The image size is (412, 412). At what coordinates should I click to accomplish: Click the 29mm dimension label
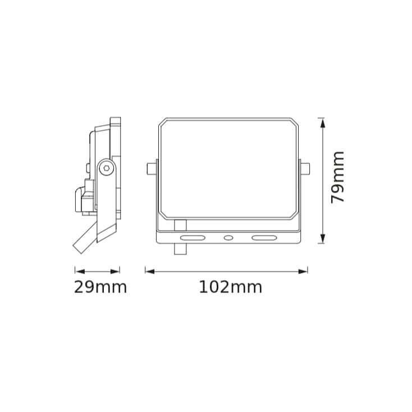coord(100,287)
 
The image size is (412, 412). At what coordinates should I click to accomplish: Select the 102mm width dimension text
coord(230,287)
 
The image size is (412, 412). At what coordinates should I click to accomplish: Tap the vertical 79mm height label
coord(338,177)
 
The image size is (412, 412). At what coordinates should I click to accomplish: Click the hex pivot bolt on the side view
coord(107,167)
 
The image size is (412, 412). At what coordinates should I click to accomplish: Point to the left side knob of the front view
coord(150,168)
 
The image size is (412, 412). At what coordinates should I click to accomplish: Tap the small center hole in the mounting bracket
coord(228,238)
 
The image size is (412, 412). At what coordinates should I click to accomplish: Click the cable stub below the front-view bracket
coord(180,248)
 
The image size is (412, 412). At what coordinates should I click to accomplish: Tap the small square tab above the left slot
coord(180,225)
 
